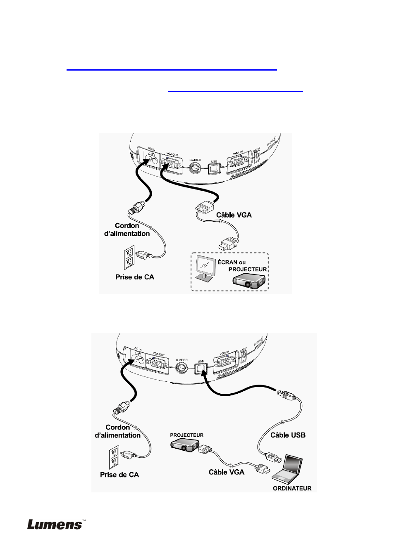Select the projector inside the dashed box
click(248, 281)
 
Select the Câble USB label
click(288, 435)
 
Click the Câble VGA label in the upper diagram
click(234, 215)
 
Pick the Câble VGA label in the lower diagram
click(226, 472)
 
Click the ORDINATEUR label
click(292, 488)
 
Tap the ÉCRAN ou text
click(232, 262)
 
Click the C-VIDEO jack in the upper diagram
click(195, 168)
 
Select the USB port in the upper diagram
click(214, 168)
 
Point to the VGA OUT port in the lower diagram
click(157, 363)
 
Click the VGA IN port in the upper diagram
click(237, 161)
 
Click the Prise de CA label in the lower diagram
click(119, 475)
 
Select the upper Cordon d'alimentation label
click(127, 229)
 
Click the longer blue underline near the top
click(172, 70)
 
